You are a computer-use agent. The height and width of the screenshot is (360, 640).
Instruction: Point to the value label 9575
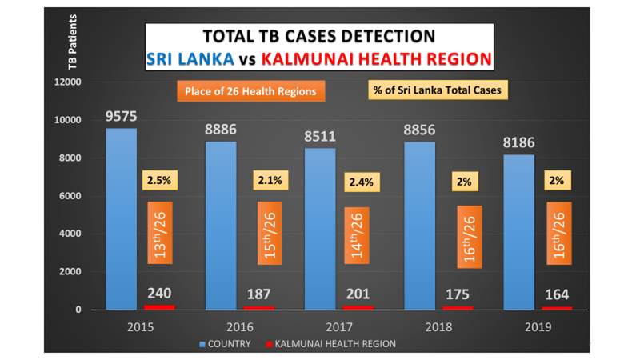click(121, 117)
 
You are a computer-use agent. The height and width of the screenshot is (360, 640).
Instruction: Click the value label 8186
click(518, 143)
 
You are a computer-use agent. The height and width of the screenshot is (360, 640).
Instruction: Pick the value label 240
click(159, 294)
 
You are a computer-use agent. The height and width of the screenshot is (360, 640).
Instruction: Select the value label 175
click(457, 294)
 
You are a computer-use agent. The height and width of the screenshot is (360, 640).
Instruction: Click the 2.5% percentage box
click(158, 180)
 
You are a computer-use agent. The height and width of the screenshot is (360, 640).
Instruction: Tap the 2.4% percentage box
click(359, 182)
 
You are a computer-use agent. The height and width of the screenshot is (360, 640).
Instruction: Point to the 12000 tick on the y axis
click(74, 82)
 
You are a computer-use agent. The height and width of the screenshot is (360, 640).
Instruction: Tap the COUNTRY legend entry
click(226, 344)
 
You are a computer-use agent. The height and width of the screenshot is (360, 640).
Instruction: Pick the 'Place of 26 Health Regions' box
click(250, 91)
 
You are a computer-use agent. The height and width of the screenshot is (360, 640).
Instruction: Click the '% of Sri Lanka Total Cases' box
click(438, 90)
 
